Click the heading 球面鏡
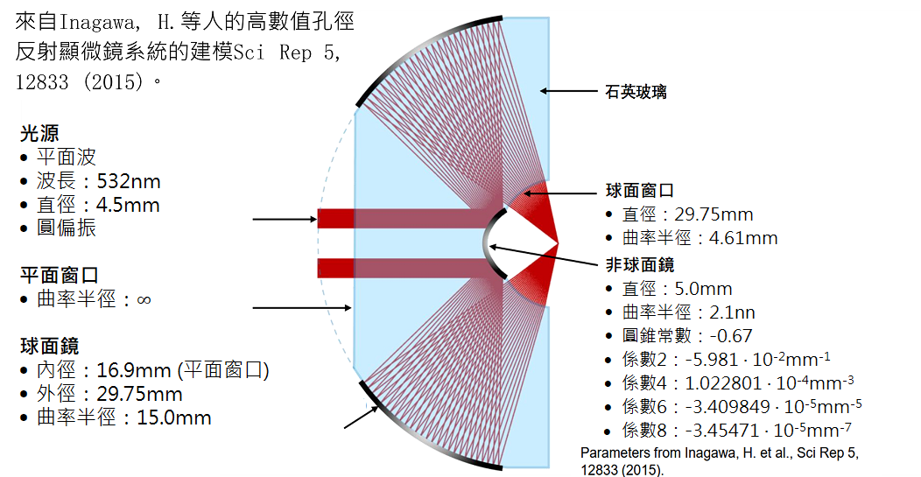click(49, 347)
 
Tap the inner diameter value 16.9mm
click(130, 370)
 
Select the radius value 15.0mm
click(174, 417)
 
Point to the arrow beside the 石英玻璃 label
click(569, 90)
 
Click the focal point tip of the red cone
click(558, 242)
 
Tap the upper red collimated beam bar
click(403, 217)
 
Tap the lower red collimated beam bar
click(403, 268)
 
